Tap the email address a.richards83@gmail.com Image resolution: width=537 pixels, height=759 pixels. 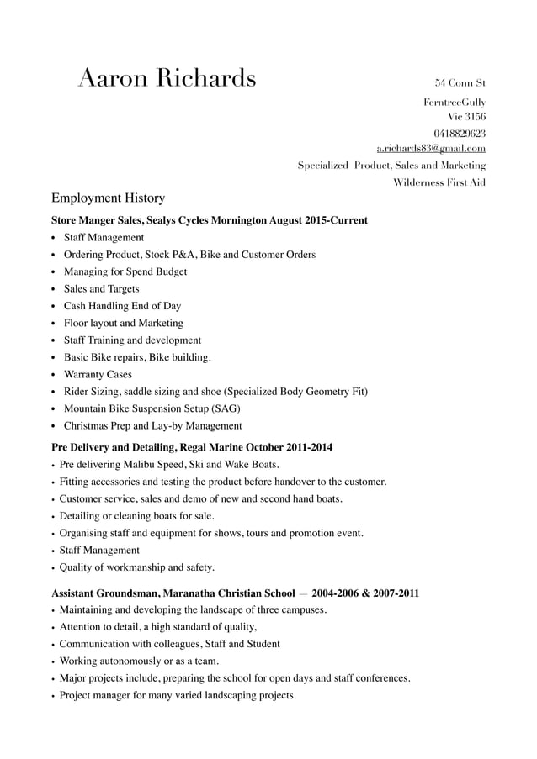(431, 149)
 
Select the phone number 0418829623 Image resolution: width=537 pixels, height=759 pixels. (460, 134)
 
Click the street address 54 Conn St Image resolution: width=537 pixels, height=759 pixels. (460, 83)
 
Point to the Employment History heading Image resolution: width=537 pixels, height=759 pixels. (108, 198)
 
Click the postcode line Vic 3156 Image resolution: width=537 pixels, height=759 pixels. (466, 117)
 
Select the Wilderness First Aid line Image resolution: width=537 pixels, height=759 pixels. (439, 182)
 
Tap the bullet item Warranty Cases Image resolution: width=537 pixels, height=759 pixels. (98, 375)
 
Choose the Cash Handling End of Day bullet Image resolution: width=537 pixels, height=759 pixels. (122, 306)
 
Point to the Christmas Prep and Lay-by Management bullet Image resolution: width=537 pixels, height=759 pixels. (152, 426)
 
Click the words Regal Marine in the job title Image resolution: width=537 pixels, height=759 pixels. (211, 447)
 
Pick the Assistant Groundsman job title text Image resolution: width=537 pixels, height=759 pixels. (104, 593)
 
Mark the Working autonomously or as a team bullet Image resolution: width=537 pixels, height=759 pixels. (139, 661)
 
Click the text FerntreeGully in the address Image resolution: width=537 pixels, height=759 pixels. (455, 102)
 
